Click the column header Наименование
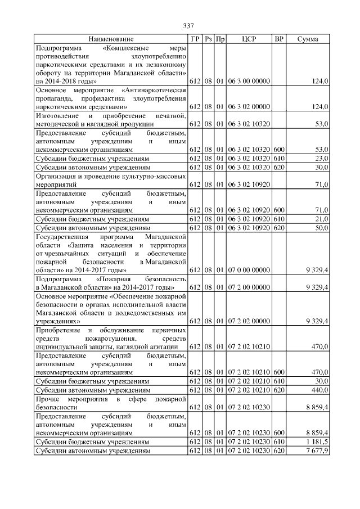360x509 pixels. coord(111,39)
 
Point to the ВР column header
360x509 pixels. coord(278,39)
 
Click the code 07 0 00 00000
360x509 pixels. coord(249,271)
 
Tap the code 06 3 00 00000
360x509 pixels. coord(249,82)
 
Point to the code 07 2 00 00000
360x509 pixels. coord(249,287)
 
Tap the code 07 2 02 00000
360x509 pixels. coord(249,321)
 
